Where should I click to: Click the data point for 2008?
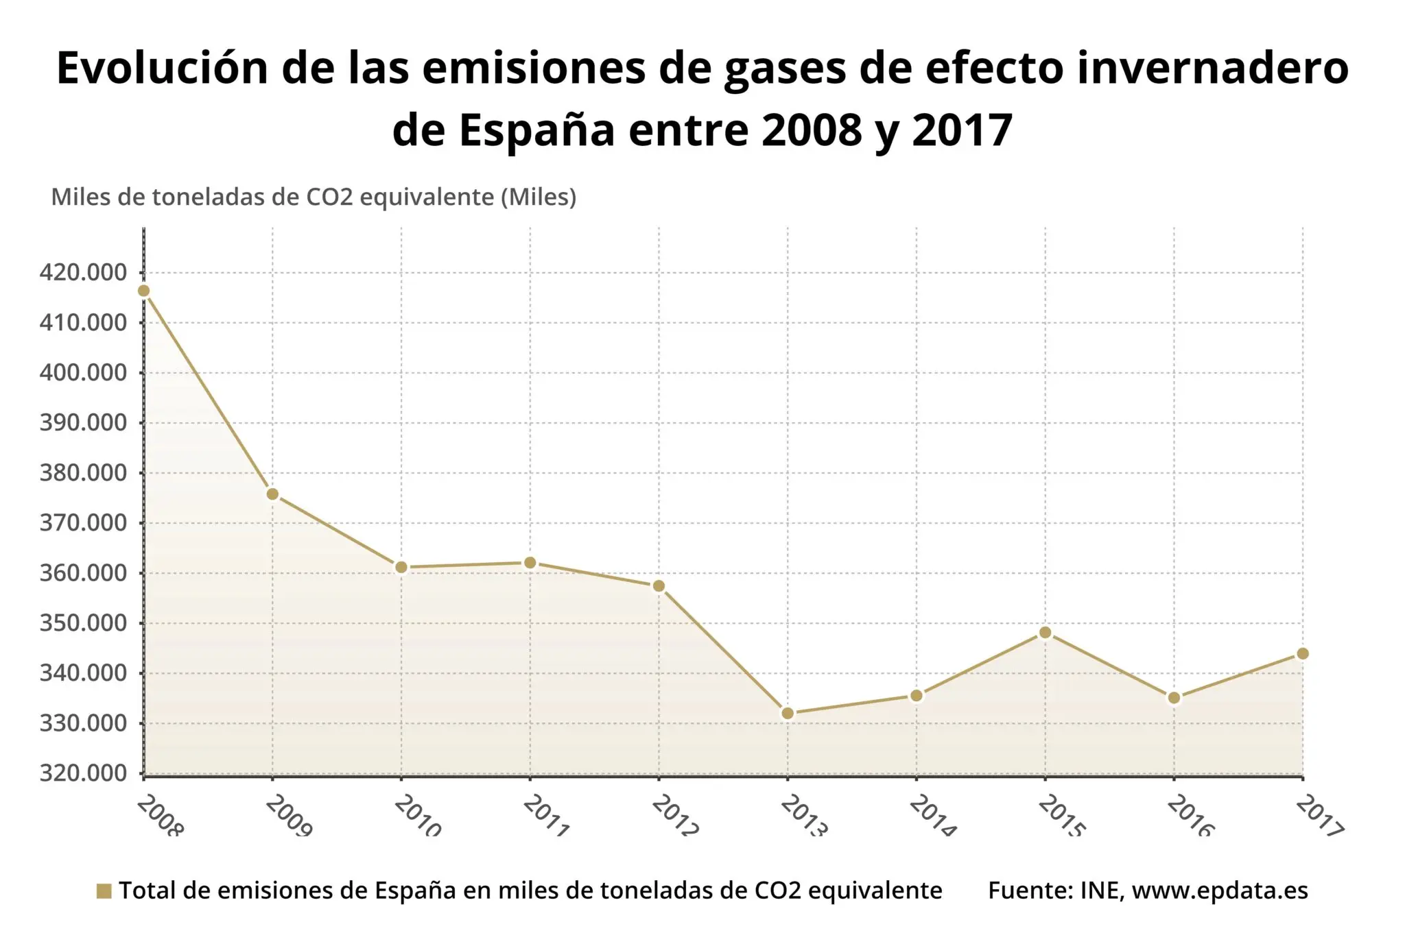point(143,291)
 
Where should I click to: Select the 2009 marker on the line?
point(272,494)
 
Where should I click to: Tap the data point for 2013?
point(788,714)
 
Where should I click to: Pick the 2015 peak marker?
point(1045,633)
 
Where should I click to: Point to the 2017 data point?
point(1302,654)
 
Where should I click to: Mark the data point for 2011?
point(530,563)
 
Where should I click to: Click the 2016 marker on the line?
point(1174,699)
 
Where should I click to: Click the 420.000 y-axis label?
point(84,273)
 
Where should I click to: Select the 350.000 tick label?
point(84,623)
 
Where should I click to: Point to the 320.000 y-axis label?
point(84,773)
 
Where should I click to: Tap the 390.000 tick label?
point(84,423)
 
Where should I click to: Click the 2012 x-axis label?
point(674,816)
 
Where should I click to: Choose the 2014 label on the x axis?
point(932,816)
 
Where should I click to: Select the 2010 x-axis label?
point(417,816)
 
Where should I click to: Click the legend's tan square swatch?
point(104,891)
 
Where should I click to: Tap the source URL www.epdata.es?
point(1220,890)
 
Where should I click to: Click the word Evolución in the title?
point(161,69)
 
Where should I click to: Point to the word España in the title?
point(536,130)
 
